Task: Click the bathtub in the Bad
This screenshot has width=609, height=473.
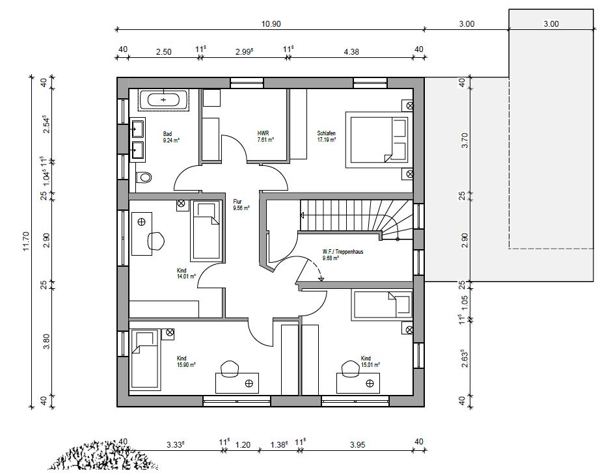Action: pyautogui.click(x=163, y=100)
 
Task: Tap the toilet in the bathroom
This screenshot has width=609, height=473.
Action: pyautogui.click(x=143, y=178)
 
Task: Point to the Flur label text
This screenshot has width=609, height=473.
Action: pyautogui.click(x=237, y=202)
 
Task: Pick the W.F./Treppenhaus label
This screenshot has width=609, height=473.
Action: pyautogui.click(x=343, y=252)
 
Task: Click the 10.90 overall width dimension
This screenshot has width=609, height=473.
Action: pyautogui.click(x=271, y=23)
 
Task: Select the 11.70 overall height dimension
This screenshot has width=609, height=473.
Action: pyautogui.click(x=26, y=241)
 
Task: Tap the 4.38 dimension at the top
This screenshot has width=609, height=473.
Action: pyautogui.click(x=351, y=51)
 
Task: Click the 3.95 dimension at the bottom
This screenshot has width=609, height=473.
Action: pyautogui.click(x=357, y=444)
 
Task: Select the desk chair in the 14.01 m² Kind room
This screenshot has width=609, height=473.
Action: pyautogui.click(x=156, y=241)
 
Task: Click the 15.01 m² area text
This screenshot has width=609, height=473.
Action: pyautogui.click(x=370, y=364)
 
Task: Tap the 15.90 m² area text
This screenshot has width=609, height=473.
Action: pyautogui.click(x=186, y=364)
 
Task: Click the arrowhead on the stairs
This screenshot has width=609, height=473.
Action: pyautogui.click(x=301, y=215)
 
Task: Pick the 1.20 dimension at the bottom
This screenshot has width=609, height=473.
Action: pyautogui.click(x=243, y=444)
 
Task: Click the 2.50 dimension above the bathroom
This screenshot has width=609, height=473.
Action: pyautogui.click(x=163, y=51)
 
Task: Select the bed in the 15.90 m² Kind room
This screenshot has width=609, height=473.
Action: pyautogui.click(x=146, y=359)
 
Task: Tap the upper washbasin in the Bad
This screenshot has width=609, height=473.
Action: pyautogui.click(x=137, y=129)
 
